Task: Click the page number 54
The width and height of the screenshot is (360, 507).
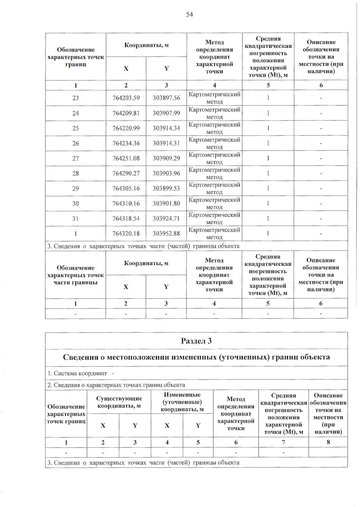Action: click(189, 14)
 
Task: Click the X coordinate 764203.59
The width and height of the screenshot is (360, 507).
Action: click(126, 98)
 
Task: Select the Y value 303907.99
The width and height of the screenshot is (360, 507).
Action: click(166, 113)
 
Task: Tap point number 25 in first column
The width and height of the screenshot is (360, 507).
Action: click(76, 128)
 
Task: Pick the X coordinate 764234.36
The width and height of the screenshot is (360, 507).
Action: click(126, 143)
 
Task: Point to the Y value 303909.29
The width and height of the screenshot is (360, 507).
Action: click(166, 158)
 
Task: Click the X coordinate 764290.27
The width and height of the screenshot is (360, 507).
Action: click(126, 173)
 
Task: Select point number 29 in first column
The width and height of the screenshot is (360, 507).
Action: click(76, 188)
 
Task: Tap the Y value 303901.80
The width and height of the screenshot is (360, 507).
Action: click(166, 203)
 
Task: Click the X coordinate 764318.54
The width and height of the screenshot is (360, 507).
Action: click(126, 218)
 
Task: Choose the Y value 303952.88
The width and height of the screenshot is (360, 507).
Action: click(166, 233)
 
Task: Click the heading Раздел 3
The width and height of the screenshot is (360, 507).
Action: click(196, 341)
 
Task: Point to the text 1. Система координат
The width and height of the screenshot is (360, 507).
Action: click(77, 373)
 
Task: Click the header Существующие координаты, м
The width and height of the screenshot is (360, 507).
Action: click(119, 402)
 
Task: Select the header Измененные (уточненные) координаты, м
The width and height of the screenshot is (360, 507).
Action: click(182, 402)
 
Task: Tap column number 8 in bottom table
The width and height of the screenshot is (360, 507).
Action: click(328, 442)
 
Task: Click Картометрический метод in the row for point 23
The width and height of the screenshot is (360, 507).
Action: click(214, 98)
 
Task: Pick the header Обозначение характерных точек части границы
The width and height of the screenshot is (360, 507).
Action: click(76, 275)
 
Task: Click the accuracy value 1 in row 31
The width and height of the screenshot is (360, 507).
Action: click(268, 218)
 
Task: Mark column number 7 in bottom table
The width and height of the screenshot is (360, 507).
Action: click(283, 442)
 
